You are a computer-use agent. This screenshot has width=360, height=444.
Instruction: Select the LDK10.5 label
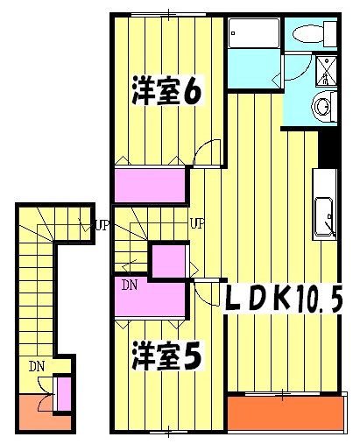pos(283,299)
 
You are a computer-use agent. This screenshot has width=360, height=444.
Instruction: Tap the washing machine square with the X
pos(325,68)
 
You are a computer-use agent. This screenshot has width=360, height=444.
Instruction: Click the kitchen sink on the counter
pos(324,217)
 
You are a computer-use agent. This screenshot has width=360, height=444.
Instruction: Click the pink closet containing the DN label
pos(149,296)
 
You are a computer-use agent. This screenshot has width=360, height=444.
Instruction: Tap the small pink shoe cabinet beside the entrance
pos(62,394)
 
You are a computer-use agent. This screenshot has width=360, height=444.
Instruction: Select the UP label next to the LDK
pos(198,224)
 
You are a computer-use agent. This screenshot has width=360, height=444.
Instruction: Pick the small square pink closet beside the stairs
pos(167,261)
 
